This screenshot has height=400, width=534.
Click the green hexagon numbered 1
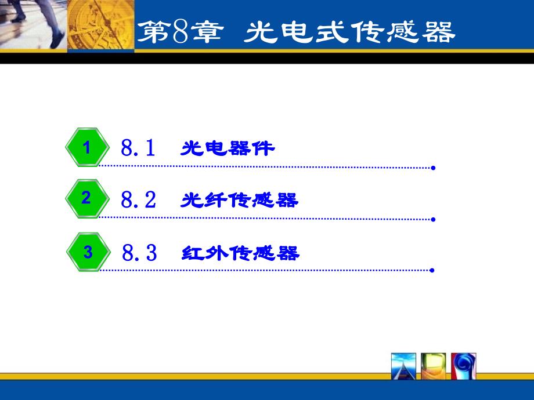click(x=87, y=147)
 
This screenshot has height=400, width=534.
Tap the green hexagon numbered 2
click(x=87, y=198)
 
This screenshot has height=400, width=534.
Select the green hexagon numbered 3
click(x=88, y=252)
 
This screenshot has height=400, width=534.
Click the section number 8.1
click(x=138, y=148)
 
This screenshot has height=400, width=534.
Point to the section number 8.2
click(x=139, y=199)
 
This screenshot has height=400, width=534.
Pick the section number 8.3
click(x=139, y=252)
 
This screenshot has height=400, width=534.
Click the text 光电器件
click(x=228, y=148)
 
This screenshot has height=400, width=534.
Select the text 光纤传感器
click(x=239, y=200)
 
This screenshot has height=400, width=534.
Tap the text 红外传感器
click(x=240, y=253)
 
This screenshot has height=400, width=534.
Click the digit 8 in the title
click(x=181, y=32)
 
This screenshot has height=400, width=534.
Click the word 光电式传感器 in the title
click(x=349, y=32)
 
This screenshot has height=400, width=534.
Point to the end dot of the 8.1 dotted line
click(x=433, y=168)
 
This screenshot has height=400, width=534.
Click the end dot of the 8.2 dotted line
click(x=433, y=219)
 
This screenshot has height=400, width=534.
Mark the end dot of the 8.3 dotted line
click(x=432, y=270)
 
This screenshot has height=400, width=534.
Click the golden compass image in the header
click(x=101, y=25)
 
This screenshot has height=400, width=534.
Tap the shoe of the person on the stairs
click(x=57, y=40)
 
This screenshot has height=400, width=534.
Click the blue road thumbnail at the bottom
click(x=403, y=366)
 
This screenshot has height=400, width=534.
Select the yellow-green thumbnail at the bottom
click(x=434, y=366)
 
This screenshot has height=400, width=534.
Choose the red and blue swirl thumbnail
click(x=464, y=366)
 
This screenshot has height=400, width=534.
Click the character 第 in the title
click(x=154, y=32)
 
